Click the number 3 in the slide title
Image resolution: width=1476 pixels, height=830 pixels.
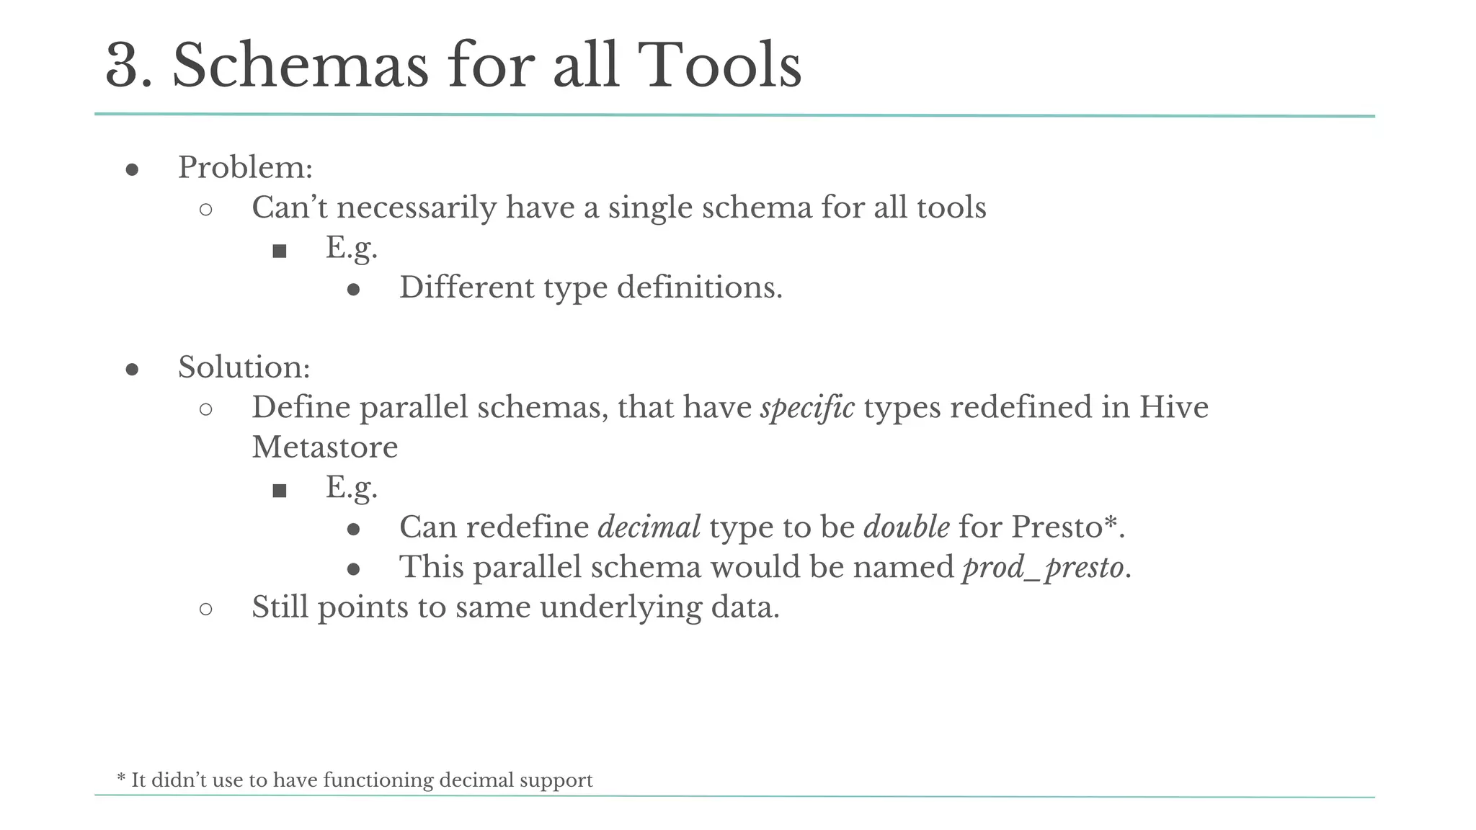(x=128, y=66)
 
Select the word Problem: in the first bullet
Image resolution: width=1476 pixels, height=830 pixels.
(x=245, y=168)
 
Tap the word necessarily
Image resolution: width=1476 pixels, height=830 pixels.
(x=416, y=208)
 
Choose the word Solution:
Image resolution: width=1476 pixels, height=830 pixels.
(x=244, y=367)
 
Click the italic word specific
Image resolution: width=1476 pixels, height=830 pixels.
(x=807, y=408)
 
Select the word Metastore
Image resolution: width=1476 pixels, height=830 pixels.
(x=324, y=447)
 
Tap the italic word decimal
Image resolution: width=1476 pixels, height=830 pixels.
(x=649, y=527)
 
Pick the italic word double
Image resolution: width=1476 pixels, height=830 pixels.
(x=906, y=527)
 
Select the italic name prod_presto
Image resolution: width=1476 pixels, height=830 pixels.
(x=1043, y=568)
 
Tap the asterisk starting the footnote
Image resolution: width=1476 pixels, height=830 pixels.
(x=121, y=778)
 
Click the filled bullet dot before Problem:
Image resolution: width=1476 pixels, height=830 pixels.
(x=132, y=170)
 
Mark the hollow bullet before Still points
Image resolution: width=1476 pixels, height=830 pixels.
(x=205, y=610)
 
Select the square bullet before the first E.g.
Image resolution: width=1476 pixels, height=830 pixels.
(x=280, y=251)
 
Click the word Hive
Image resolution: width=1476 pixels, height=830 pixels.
(x=1173, y=408)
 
